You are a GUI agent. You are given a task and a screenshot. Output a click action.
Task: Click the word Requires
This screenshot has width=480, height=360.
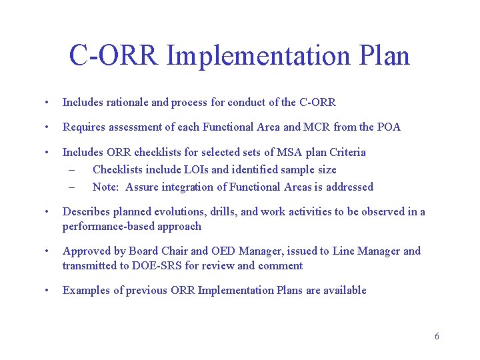[x=83, y=127]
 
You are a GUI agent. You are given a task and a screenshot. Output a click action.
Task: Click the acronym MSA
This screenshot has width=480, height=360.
[x=271, y=152]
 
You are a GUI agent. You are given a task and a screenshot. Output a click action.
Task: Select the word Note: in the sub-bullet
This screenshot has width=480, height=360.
[x=106, y=187]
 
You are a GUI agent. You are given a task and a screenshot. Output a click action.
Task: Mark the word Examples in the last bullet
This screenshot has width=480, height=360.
[x=85, y=290]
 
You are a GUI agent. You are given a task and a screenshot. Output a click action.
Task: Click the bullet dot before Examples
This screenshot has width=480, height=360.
[x=45, y=290]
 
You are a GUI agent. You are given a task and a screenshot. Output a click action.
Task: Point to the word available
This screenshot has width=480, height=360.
[x=343, y=290]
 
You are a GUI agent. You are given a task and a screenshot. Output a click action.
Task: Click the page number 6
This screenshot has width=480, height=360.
[x=437, y=336]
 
